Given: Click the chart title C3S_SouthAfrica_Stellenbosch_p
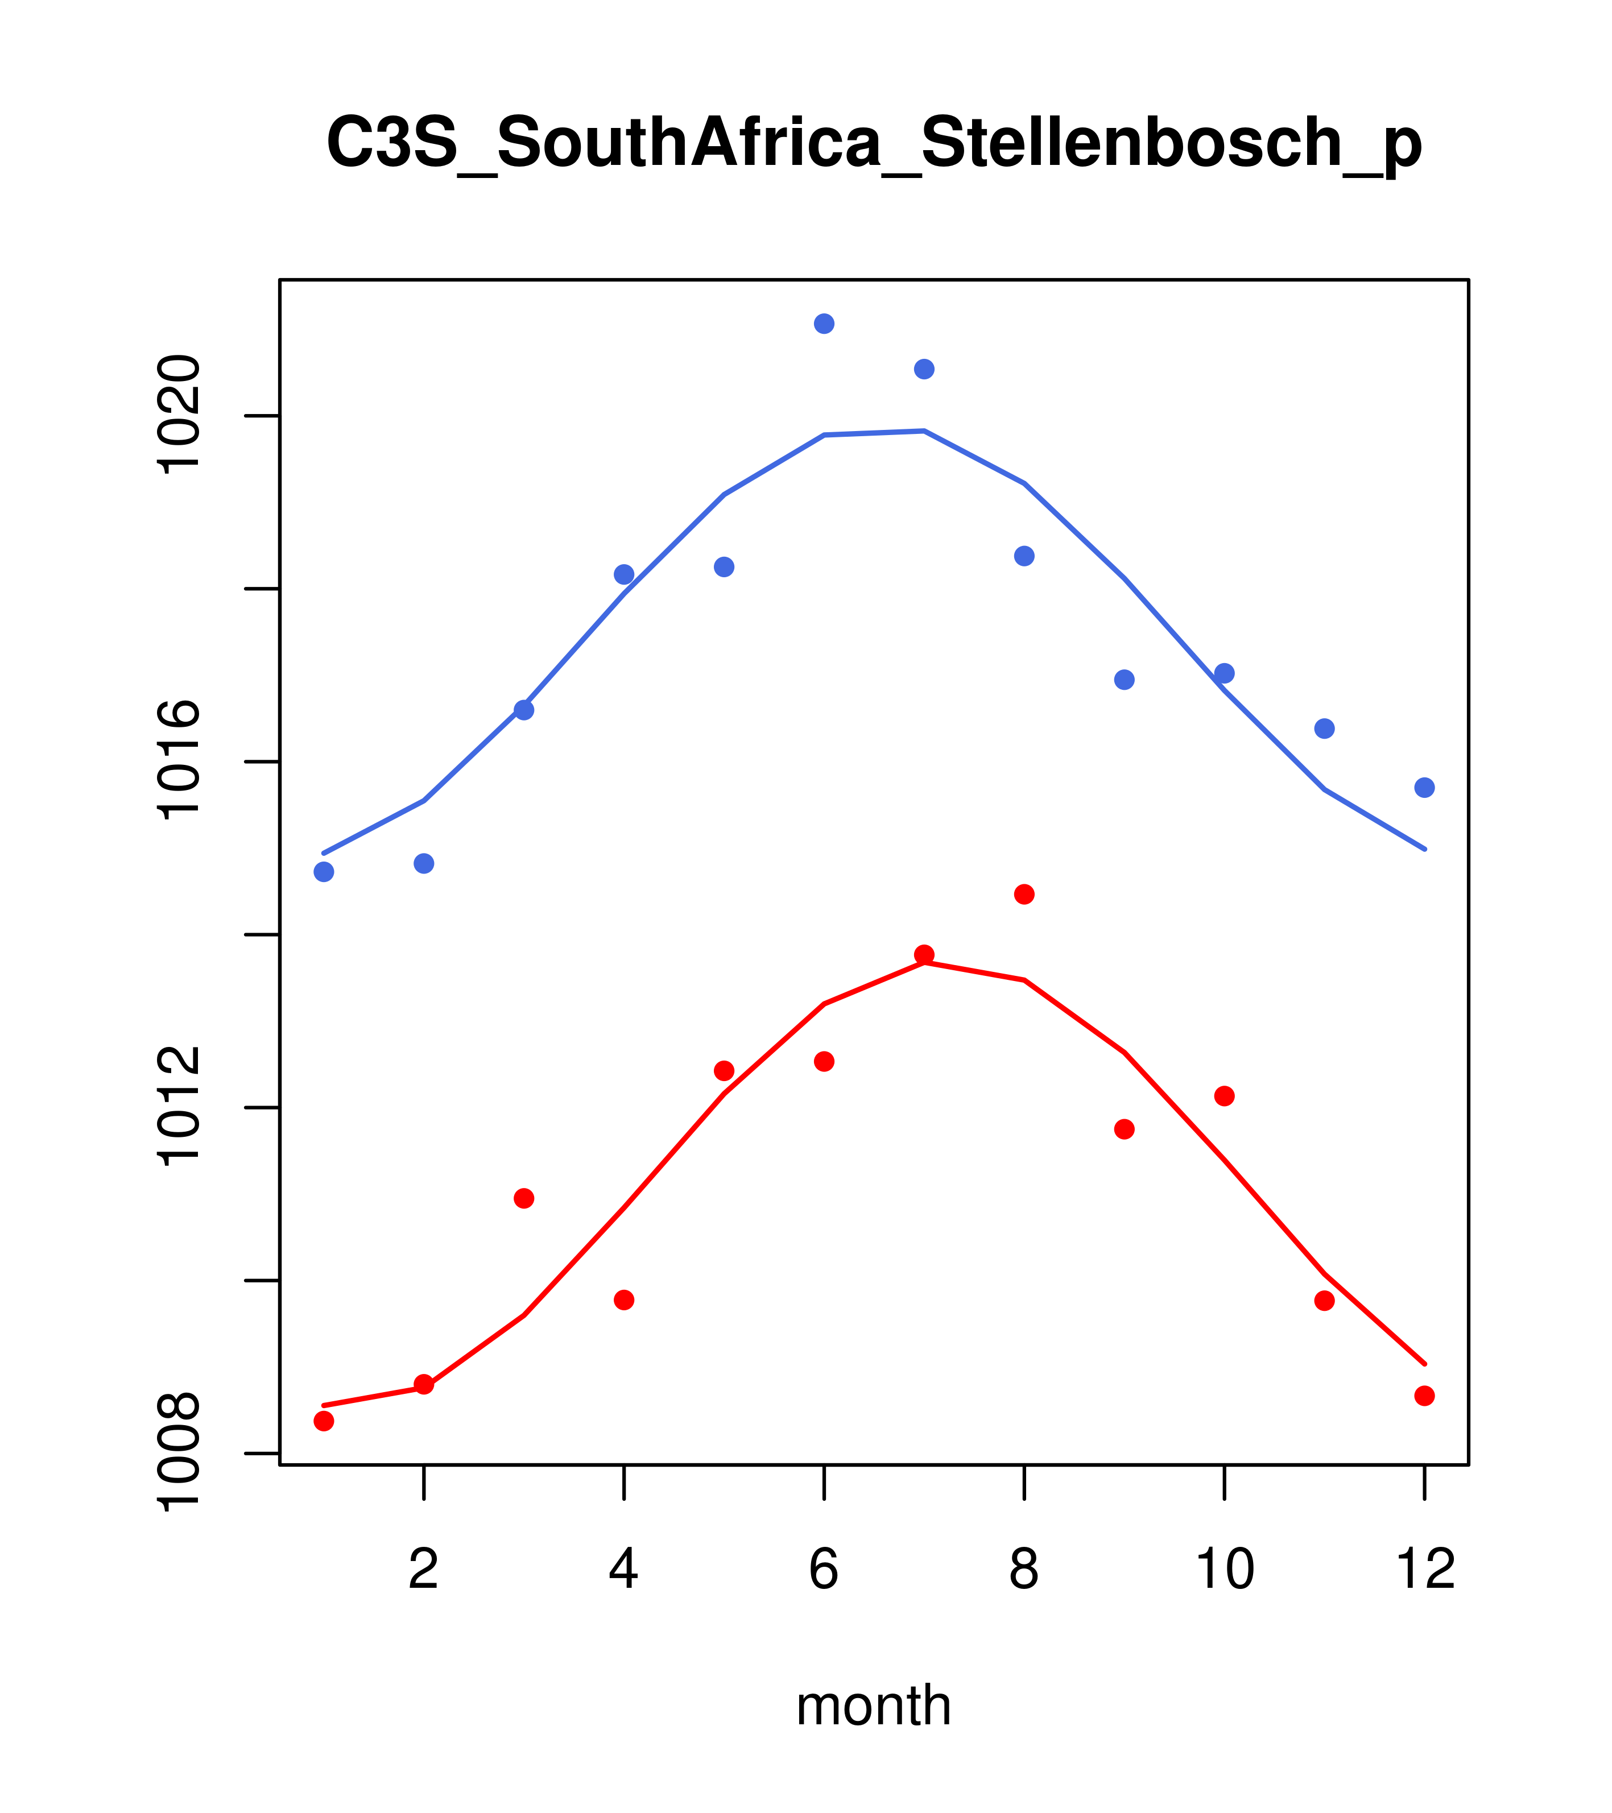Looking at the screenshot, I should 874,144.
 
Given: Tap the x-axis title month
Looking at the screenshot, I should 874,1705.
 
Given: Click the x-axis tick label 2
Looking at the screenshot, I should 424,1570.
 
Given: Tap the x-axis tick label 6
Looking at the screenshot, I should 824,1570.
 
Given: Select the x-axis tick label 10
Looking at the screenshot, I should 1224,1570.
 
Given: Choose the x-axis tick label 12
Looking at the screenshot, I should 1425,1570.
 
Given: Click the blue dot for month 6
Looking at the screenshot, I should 824,324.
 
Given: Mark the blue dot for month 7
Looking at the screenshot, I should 924,369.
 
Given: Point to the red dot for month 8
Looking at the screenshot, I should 1024,894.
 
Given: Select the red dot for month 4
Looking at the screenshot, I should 625,1301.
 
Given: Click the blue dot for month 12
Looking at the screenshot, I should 1425,788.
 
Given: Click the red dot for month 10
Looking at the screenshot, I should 1224,1096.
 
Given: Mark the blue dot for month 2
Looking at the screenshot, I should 424,863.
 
